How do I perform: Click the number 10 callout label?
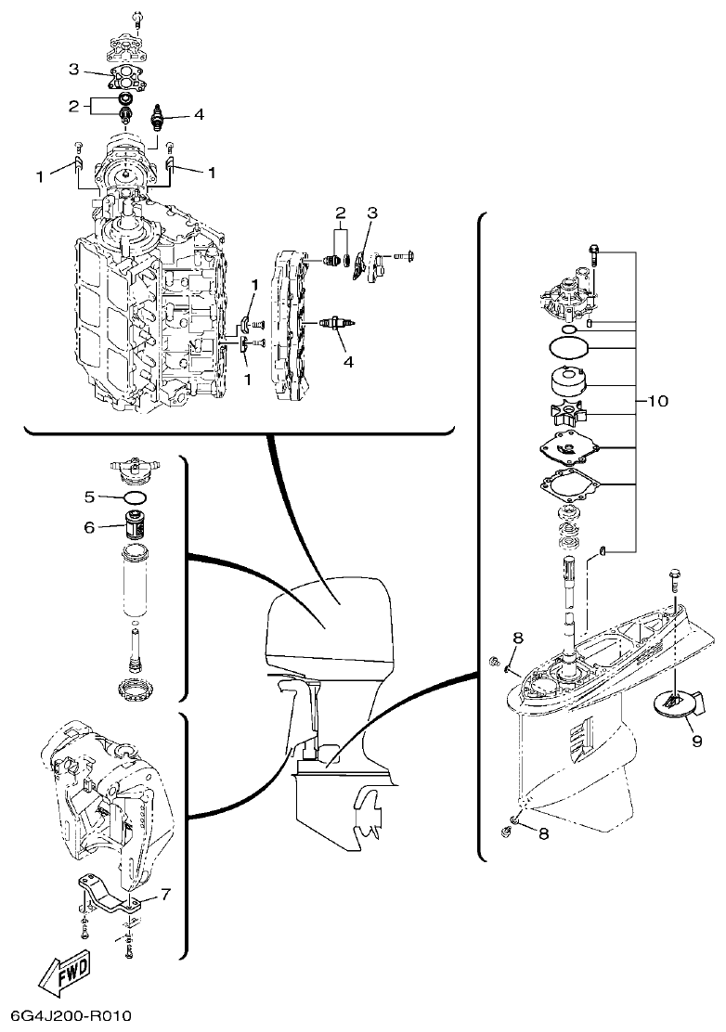click(x=657, y=401)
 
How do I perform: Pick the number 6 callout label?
click(x=89, y=527)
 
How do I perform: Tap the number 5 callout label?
click(x=89, y=497)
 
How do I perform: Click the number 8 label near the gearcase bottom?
click(x=544, y=833)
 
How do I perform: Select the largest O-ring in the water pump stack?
click(x=568, y=349)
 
